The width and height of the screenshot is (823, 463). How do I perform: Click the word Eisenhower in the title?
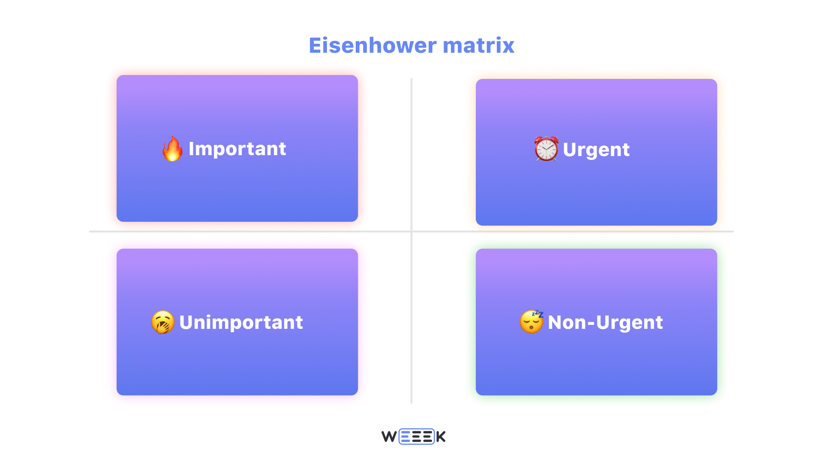372,45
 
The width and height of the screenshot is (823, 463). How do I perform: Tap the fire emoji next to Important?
172,149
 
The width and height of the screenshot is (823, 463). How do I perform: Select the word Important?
237,149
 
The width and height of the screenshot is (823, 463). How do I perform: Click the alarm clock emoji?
546,149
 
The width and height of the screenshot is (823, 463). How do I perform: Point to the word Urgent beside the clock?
596,150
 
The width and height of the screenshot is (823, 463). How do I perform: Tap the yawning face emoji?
163,322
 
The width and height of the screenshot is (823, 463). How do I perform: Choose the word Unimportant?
241,322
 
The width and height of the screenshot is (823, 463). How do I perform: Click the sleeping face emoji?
531,322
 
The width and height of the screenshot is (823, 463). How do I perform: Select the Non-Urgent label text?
605,322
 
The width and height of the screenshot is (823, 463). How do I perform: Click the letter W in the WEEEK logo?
389,437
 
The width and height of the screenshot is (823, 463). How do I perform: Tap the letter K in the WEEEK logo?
441,437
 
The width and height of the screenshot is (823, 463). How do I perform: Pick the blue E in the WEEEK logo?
405,437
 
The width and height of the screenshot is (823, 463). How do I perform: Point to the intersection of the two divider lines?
411,231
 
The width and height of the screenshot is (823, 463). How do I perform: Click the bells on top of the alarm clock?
546,138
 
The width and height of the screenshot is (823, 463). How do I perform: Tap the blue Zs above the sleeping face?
538,314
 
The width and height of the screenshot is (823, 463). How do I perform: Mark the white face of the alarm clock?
546,150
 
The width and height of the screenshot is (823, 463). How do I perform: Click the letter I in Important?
191,149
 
